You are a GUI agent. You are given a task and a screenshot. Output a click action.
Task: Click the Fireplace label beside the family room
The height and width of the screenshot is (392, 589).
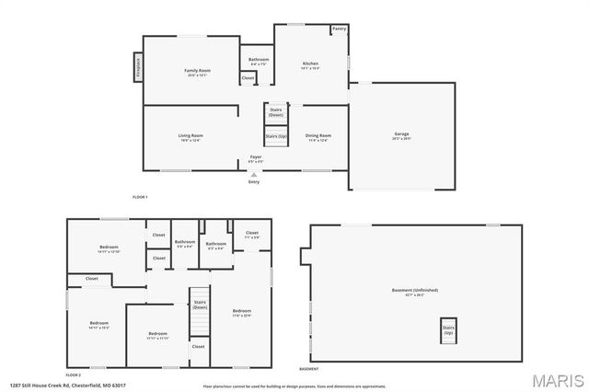(x=138, y=68)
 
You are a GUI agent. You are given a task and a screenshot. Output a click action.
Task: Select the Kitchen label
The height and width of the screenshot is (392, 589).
(x=311, y=65)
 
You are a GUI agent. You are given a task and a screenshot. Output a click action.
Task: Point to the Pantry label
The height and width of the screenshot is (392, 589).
(x=339, y=29)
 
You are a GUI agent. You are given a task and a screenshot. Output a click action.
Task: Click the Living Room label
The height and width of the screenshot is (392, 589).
(x=191, y=137)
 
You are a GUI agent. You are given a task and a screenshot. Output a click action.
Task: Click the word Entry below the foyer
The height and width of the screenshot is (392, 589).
(x=254, y=181)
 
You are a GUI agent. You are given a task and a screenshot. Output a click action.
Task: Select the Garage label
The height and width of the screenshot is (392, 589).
(x=401, y=135)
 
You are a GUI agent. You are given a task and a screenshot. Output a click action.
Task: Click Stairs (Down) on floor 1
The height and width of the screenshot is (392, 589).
(x=276, y=112)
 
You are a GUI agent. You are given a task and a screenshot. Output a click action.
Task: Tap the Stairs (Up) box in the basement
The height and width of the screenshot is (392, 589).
(x=448, y=329)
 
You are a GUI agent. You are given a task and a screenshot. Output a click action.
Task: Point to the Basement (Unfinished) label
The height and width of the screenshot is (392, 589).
(x=415, y=291)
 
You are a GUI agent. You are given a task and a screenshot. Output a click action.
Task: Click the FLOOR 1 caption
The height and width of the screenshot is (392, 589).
(x=140, y=197)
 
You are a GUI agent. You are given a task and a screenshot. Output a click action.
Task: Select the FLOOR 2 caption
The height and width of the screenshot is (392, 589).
(x=74, y=375)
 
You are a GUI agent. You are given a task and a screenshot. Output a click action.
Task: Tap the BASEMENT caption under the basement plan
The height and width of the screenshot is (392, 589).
(x=309, y=369)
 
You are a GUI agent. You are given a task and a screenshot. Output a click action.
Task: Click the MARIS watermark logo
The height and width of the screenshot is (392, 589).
(x=556, y=380)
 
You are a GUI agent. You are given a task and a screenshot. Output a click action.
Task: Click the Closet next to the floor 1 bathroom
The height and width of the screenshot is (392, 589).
(x=248, y=78)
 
